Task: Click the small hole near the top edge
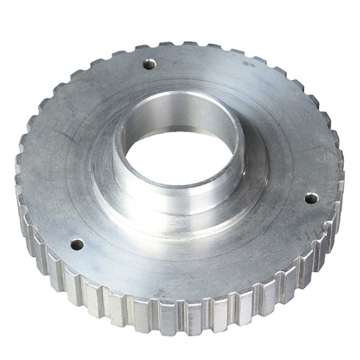149,64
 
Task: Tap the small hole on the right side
311,198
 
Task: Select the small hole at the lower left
76,245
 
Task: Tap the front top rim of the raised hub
180,192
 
